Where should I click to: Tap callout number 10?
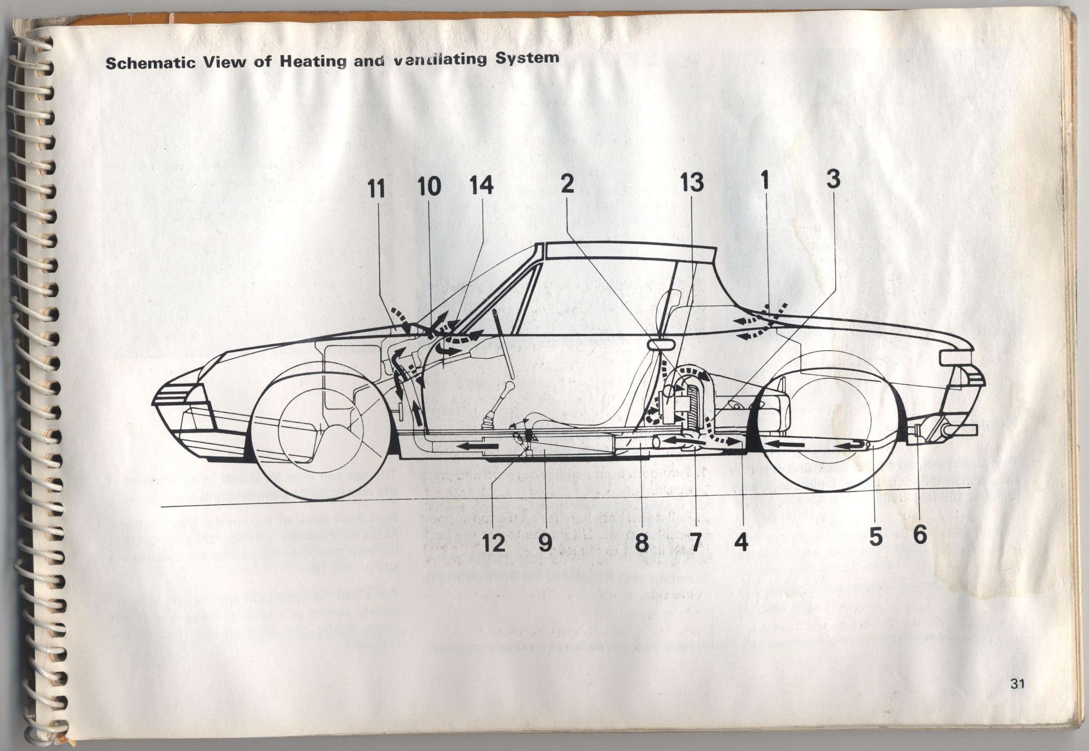pos(429,186)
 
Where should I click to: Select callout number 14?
pos(481,185)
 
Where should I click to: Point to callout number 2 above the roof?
pos(568,183)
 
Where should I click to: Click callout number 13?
pos(691,182)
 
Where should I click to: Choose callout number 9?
pos(545,544)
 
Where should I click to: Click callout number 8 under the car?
pos(642,544)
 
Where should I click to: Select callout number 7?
pos(694,542)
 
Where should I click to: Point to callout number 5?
pos(875,537)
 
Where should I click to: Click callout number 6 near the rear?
pos(920,535)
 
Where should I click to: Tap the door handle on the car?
pos(662,345)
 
